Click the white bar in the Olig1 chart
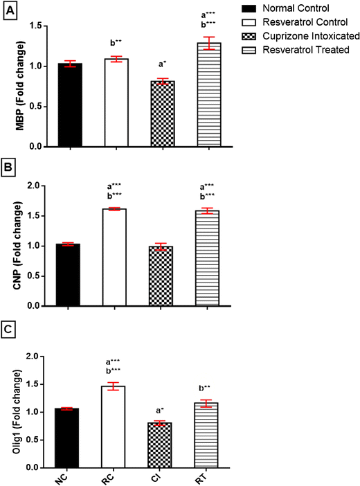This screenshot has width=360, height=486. (x=116, y=427)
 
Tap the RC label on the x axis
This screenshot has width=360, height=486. (x=115, y=478)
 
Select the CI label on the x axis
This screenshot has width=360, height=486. (x=161, y=478)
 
